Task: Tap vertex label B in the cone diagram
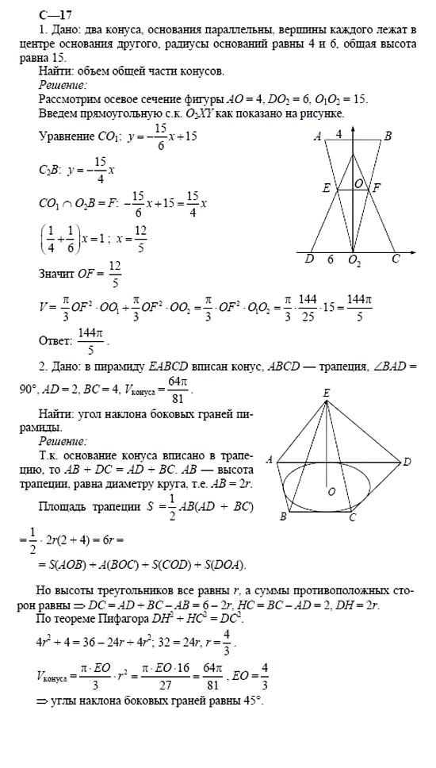pos(388,137)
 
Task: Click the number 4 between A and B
pos(339,135)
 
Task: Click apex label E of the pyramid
pos(327,393)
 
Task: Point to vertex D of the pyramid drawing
pos(407,461)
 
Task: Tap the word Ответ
pos(55,341)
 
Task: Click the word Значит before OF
pos(57,275)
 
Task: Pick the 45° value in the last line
pos(251,702)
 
